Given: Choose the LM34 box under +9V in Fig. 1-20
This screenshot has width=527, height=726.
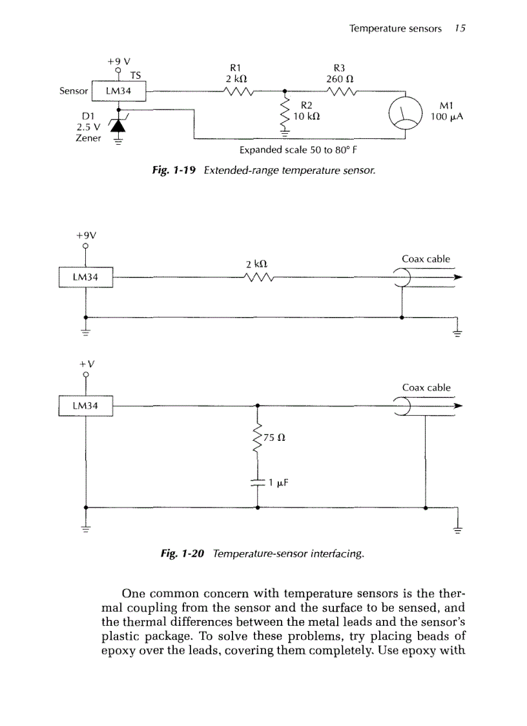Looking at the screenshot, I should click(85, 277).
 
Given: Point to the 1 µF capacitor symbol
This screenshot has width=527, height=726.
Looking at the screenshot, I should click(258, 482).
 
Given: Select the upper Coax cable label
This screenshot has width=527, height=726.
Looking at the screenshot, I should click(426, 259).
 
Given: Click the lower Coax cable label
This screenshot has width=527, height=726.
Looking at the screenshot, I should click(426, 388).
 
